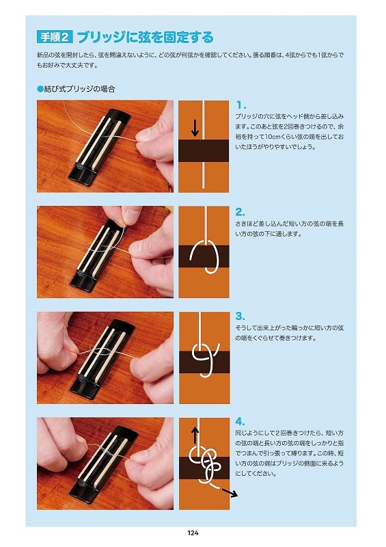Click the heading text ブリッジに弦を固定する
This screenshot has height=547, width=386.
pos(144,37)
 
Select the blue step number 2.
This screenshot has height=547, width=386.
pos(240,212)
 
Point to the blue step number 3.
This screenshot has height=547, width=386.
pos(240,317)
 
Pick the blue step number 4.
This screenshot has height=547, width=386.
pos(240,421)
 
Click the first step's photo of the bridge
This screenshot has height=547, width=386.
pos(105,146)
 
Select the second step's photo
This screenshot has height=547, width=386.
pos(105,251)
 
